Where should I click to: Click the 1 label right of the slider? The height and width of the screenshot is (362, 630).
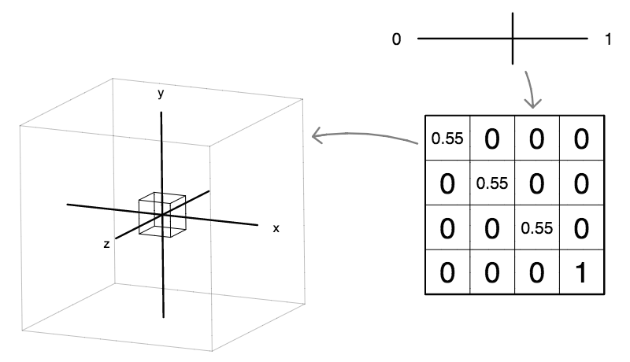[x=608, y=39]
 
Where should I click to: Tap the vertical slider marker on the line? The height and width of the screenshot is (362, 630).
[x=513, y=38]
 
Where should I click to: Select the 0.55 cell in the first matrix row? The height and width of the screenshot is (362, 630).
[x=447, y=139]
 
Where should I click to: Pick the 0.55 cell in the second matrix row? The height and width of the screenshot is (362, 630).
[x=492, y=183]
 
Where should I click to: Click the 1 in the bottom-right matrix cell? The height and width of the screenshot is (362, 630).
[x=581, y=272]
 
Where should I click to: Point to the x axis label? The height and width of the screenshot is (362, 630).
[x=276, y=227]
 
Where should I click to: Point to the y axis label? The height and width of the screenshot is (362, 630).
[x=161, y=94]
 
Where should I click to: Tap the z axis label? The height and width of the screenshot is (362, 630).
[x=106, y=245]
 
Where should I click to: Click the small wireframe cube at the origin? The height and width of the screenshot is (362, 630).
[x=162, y=213]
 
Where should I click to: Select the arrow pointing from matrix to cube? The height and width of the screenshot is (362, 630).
[x=362, y=137]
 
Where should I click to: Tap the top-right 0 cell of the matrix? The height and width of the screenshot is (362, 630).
[x=581, y=139]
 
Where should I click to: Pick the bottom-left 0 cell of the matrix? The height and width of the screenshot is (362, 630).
[x=447, y=272]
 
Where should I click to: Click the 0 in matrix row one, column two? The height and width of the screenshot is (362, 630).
[x=492, y=139]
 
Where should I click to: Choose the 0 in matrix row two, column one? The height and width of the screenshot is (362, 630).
[x=447, y=183]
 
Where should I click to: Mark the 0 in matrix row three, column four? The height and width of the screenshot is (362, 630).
[x=581, y=227]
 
